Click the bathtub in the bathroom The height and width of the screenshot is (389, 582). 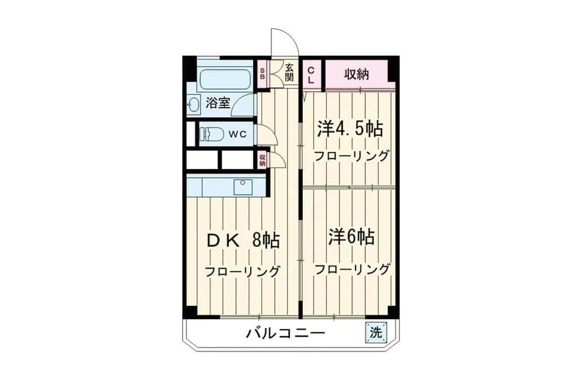[x=224, y=79]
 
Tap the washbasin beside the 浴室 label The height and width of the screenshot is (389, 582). [x=193, y=104]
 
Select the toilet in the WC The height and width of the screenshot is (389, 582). [x=211, y=134]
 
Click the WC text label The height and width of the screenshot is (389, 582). [x=237, y=134]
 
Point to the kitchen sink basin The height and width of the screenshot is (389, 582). [x=242, y=187]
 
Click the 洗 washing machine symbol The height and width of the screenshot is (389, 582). [x=376, y=332]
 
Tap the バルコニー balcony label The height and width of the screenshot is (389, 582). [x=286, y=332]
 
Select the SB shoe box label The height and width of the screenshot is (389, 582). [x=262, y=73]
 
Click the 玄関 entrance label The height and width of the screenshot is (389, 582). [x=289, y=72]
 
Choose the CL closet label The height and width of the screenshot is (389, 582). [x=311, y=74]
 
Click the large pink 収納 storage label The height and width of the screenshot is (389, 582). [x=356, y=74]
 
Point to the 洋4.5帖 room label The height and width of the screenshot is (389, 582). [x=350, y=129]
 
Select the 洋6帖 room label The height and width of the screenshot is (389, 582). [x=351, y=237]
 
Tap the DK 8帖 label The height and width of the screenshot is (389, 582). [x=243, y=241]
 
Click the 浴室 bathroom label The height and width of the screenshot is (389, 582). [x=218, y=103]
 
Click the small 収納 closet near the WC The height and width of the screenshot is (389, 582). [x=263, y=160]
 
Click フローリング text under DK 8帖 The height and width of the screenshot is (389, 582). [x=242, y=271]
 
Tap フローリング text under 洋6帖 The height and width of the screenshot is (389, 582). [x=352, y=269]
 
